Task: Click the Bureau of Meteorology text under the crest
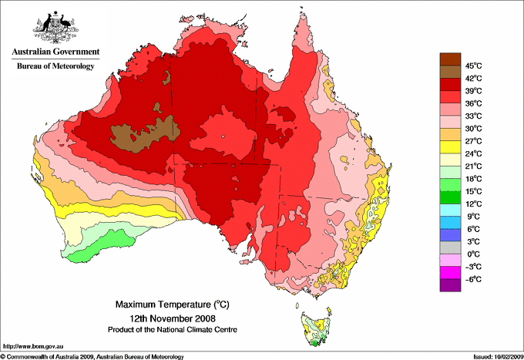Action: pos(55,66)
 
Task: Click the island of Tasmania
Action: pos(316,328)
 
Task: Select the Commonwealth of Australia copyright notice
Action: pos(92,356)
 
